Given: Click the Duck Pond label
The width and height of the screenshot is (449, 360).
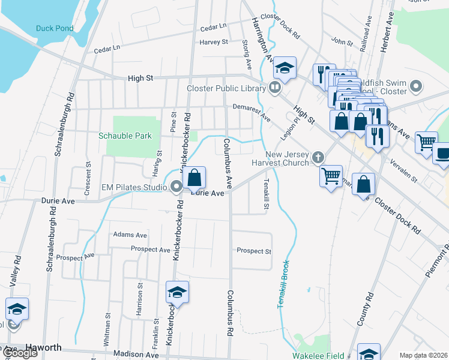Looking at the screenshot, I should (x=54, y=28).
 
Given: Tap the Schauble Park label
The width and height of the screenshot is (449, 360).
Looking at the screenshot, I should (x=125, y=136).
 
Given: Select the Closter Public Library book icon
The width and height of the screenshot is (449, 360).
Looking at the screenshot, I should (x=276, y=88).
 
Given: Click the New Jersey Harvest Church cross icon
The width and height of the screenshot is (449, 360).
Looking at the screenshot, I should (x=318, y=157).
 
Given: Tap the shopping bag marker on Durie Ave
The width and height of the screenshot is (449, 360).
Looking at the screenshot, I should (x=194, y=178).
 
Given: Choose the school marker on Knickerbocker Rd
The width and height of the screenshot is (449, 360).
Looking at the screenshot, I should (x=177, y=292).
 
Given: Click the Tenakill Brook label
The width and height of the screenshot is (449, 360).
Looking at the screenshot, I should (x=283, y=284).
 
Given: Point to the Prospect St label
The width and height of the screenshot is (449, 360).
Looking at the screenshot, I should (x=254, y=251).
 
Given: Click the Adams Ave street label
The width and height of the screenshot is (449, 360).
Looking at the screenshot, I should (x=130, y=235).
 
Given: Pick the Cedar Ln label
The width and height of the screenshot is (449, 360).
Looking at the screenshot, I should (x=213, y=27).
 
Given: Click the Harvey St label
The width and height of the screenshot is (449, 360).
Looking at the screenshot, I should (x=214, y=42).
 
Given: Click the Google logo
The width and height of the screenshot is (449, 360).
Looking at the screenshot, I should (x=19, y=353).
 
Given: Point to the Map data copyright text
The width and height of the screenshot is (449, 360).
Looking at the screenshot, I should (x=424, y=355).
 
